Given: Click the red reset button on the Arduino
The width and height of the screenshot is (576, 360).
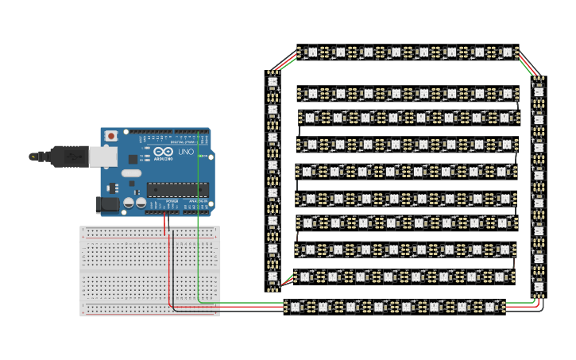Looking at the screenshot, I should (110, 136).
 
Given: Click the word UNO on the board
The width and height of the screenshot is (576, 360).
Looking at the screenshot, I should (185, 151).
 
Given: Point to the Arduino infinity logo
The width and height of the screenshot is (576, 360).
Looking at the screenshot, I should (164, 151).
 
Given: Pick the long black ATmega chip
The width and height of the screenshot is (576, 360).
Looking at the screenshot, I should (178, 189).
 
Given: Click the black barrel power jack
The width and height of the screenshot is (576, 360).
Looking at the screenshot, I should (106, 204).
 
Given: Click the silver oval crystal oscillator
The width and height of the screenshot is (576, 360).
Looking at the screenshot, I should (131, 172).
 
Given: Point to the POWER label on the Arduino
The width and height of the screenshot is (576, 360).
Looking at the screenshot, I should (172, 202).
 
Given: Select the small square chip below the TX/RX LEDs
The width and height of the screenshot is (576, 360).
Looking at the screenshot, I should (133, 159).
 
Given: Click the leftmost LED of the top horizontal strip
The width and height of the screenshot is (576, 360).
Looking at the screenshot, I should (312, 52).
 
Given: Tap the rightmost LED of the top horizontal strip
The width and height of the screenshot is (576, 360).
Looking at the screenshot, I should (507, 52).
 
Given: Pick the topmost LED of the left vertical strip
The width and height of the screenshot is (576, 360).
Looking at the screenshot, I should (273, 81).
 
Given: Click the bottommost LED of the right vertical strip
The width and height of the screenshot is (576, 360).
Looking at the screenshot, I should (539, 286).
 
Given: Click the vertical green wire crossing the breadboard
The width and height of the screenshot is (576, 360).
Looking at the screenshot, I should (198, 262).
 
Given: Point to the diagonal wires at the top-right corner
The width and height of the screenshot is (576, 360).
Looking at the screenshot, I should (528, 65).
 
